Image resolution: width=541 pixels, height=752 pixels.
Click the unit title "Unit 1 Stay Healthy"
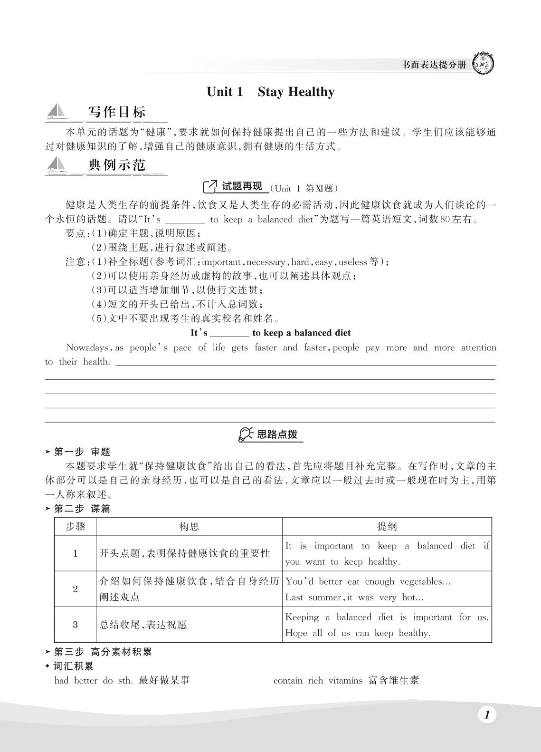(270, 92)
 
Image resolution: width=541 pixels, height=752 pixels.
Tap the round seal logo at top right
(483, 64)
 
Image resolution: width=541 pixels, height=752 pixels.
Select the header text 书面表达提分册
(434, 65)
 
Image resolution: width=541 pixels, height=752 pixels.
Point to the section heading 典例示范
(117, 165)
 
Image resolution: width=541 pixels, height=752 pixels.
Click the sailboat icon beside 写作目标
(57, 113)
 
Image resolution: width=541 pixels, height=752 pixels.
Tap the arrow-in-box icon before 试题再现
(209, 187)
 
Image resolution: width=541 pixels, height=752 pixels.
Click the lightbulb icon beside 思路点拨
(245, 434)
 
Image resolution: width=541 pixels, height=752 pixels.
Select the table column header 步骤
(75, 527)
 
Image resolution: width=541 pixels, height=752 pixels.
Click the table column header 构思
(189, 527)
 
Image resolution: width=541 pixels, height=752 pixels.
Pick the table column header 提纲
(387, 527)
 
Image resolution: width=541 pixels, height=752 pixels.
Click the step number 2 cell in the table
(75, 589)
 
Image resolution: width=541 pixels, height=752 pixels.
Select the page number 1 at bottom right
(486, 714)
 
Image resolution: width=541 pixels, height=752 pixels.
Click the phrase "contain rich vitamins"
(318, 681)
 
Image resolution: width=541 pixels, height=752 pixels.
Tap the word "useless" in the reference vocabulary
(353, 262)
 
